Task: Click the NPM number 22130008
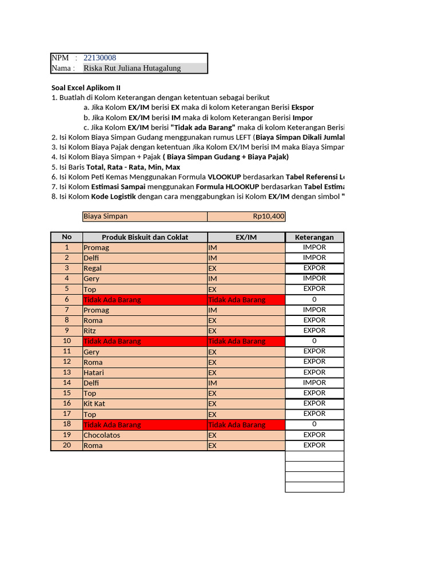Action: pyautogui.click(x=100, y=58)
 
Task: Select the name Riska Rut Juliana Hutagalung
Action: pyautogui.click(x=132, y=68)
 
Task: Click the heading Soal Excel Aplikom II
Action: pyautogui.click(x=86, y=87)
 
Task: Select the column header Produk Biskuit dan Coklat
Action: pyautogui.click(x=145, y=237)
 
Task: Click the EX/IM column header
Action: pyautogui.click(x=246, y=237)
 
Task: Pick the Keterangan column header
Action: pyautogui.click(x=314, y=237)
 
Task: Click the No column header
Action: pyautogui.click(x=67, y=237)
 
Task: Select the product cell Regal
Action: pyautogui.click(x=93, y=269)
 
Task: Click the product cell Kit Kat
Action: pyautogui.click(x=94, y=404)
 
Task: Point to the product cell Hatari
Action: pyautogui.click(x=94, y=372)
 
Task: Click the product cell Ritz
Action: pyautogui.click(x=90, y=331)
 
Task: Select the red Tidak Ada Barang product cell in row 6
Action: pyautogui.click(x=145, y=300)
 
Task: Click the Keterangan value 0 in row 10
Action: pyautogui.click(x=314, y=341)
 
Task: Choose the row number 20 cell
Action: pyautogui.click(x=67, y=446)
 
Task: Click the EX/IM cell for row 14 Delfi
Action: pyautogui.click(x=246, y=383)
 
